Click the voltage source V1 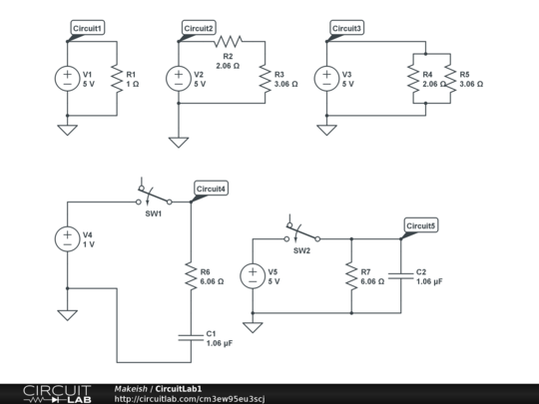[x=67, y=79]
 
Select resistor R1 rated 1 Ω [x=117, y=79]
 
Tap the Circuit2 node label [x=198, y=29]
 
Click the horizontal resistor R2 [x=228, y=41]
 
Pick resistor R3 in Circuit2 [x=265, y=79]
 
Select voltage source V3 [x=325, y=79]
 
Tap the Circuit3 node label [x=346, y=29]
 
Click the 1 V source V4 [x=67, y=238]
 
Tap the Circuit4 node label [x=211, y=189]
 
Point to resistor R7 [x=351, y=276]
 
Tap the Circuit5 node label [x=420, y=226]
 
